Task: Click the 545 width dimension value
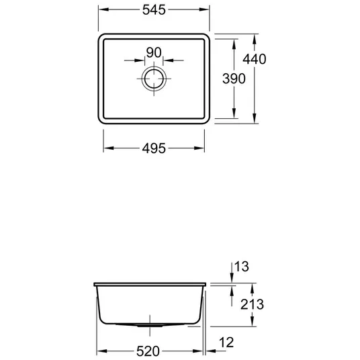(x=154, y=10)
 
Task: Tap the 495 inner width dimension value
(x=154, y=148)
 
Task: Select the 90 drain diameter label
(x=154, y=52)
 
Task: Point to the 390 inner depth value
(x=234, y=79)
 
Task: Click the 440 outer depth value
(x=255, y=59)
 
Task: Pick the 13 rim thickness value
(x=242, y=267)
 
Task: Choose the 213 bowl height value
(x=252, y=304)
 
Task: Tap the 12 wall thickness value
(x=226, y=343)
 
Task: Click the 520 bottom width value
(x=148, y=351)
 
